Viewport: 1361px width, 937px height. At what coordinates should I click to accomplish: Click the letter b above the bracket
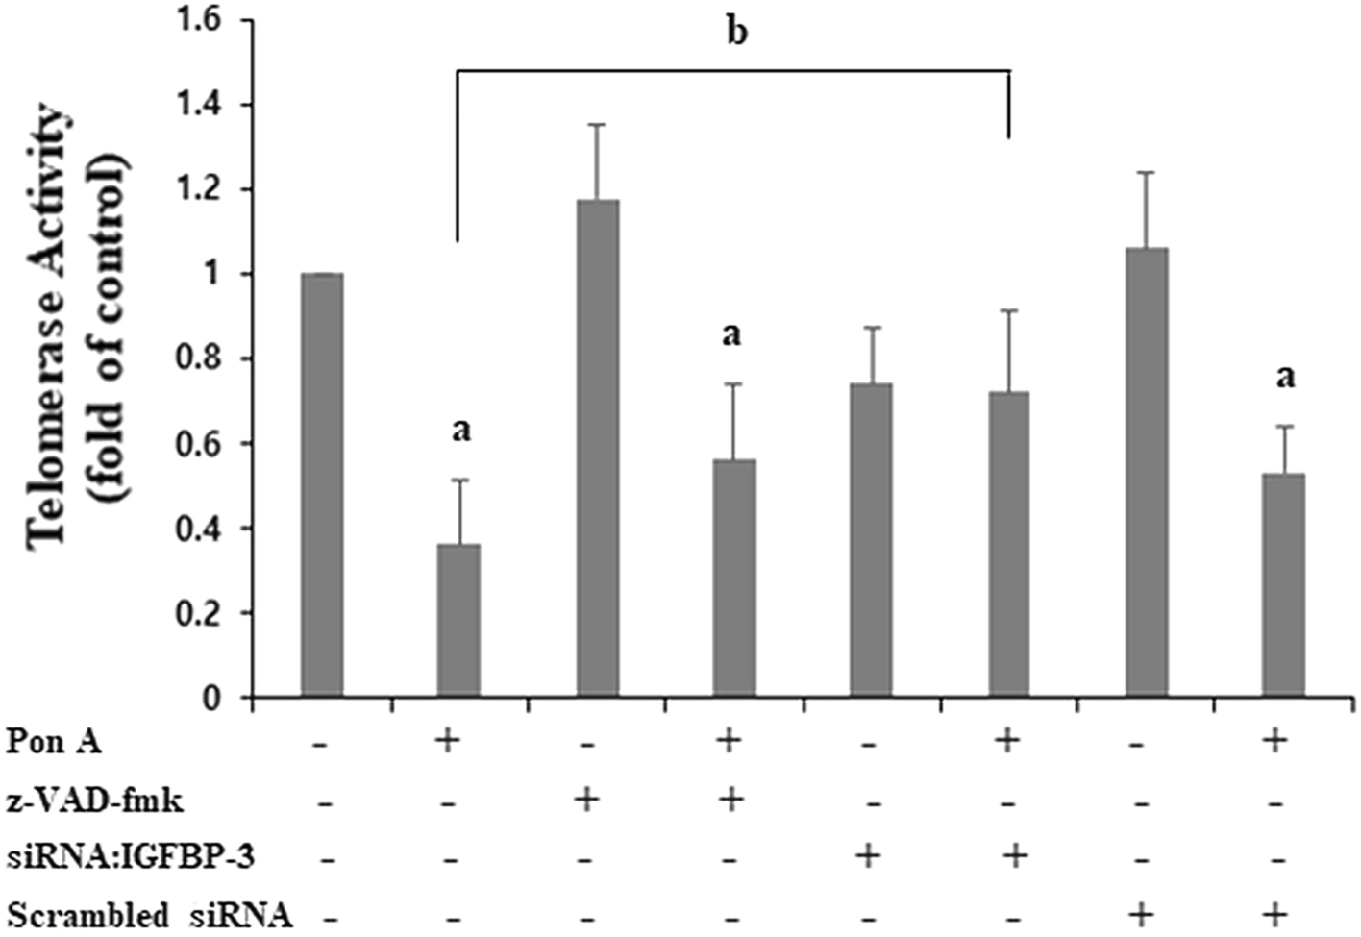(x=735, y=33)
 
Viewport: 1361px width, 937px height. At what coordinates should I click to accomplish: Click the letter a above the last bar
(x=1285, y=376)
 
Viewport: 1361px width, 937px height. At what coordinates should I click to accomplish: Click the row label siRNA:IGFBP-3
(x=130, y=857)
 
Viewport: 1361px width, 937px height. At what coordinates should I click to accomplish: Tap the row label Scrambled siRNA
(x=149, y=915)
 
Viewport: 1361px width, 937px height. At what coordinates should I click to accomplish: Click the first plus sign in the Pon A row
(x=446, y=741)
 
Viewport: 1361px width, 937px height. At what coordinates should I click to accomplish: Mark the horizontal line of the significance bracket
(x=730, y=70)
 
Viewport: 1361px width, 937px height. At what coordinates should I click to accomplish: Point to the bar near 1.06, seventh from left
(x=1147, y=472)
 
